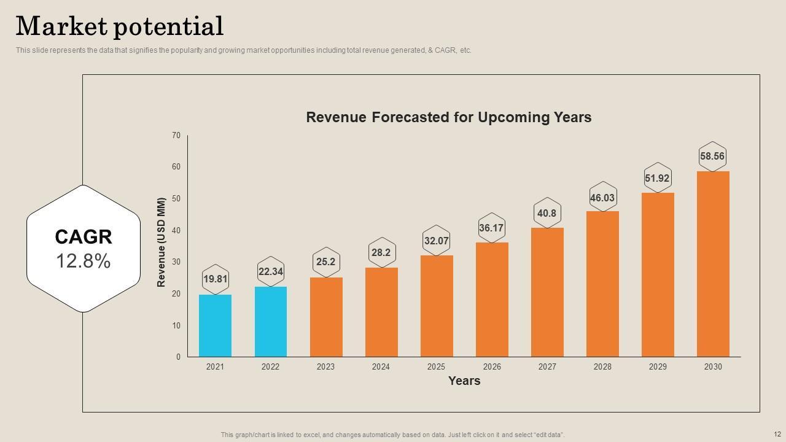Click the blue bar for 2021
click(x=215, y=326)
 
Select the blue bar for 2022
click(x=270, y=322)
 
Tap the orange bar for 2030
click(x=713, y=264)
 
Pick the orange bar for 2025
click(x=437, y=306)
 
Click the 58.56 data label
click(x=712, y=157)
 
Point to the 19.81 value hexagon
click(x=215, y=279)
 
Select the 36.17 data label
click(x=491, y=228)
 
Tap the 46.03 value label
click(x=602, y=198)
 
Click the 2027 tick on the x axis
click(x=547, y=367)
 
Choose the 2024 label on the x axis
click(x=381, y=367)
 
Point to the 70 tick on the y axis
click(x=176, y=135)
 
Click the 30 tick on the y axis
click(x=176, y=262)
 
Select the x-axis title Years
click(x=464, y=381)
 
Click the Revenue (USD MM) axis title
click(x=161, y=242)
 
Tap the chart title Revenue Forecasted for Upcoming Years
click(x=448, y=117)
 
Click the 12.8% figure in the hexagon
click(x=84, y=262)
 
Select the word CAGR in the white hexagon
click(x=84, y=237)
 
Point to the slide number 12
click(x=777, y=434)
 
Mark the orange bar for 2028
click(x=602, y=284)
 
